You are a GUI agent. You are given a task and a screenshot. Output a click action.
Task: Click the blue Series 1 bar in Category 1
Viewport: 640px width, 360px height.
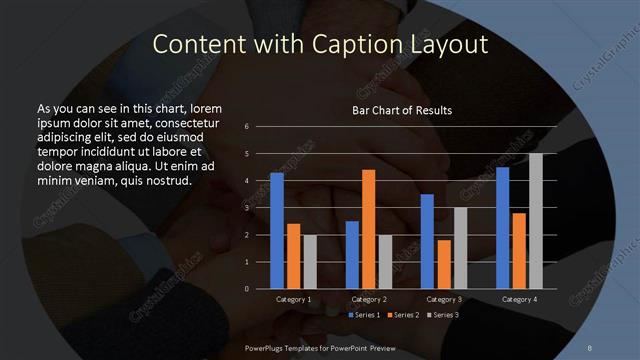(276, 231)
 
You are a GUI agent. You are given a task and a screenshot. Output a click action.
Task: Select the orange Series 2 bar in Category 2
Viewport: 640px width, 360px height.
(368, 229)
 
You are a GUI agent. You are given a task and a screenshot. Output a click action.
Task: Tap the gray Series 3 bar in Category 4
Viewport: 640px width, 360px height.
(535, 221)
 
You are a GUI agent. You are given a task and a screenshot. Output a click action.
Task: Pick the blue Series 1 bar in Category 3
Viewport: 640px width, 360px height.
(427, 241)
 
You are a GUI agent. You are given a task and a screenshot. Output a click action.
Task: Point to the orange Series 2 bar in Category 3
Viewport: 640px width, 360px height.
(443, 264)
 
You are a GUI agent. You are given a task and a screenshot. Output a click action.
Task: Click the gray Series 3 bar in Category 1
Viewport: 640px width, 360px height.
(309, 261)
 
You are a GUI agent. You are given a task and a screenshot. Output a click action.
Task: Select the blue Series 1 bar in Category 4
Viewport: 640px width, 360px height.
(502, 228)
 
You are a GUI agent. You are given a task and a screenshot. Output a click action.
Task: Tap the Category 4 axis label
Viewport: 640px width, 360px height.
(518, 300)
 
